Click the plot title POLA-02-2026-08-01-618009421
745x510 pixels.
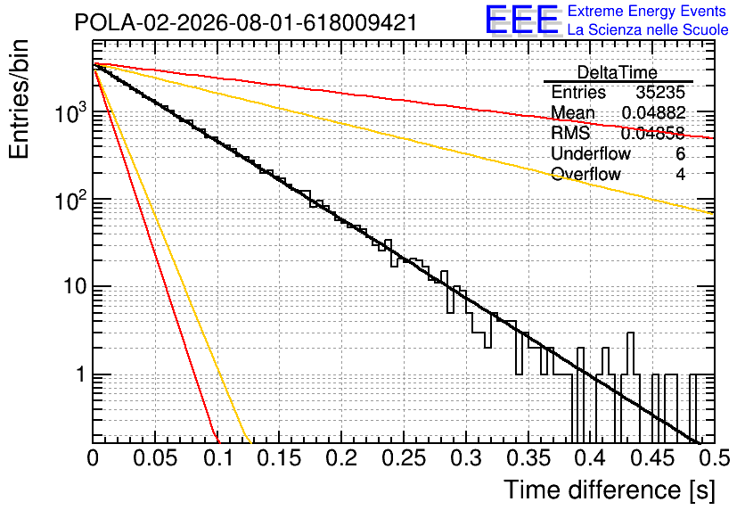click(x=246, y=22)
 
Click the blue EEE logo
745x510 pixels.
click(x=522, y=21)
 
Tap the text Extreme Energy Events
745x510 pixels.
click(x=647, y=11)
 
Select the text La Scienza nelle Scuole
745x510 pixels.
click(x=648, y=30)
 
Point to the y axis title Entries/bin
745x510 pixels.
click(x=19, y=99)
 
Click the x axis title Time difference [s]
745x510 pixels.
click(x=610, y=489)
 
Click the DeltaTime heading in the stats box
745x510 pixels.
click(x=618, y=72)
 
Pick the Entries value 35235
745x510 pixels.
click(x=661, y=92)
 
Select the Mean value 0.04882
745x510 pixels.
click(x=654, y=112)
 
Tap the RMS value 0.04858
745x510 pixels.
click(x=653, y=133)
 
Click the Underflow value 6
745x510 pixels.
click(x=680, y=153)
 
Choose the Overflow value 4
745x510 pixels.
click(x=680, y=174)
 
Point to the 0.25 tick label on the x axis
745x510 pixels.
click(x=404, y=457)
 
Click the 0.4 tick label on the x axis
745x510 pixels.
click(x=591, y=457)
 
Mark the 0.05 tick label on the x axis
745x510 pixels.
click(x=155, y=457)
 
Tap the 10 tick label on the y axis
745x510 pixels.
click(x=74, y=286)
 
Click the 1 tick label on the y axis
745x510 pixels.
click(x=80, y=374)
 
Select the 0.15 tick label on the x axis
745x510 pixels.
click(x=280, y=457)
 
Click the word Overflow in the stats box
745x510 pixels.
click(x=585, y=174)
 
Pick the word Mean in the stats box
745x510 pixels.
click(x=572, y=112)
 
